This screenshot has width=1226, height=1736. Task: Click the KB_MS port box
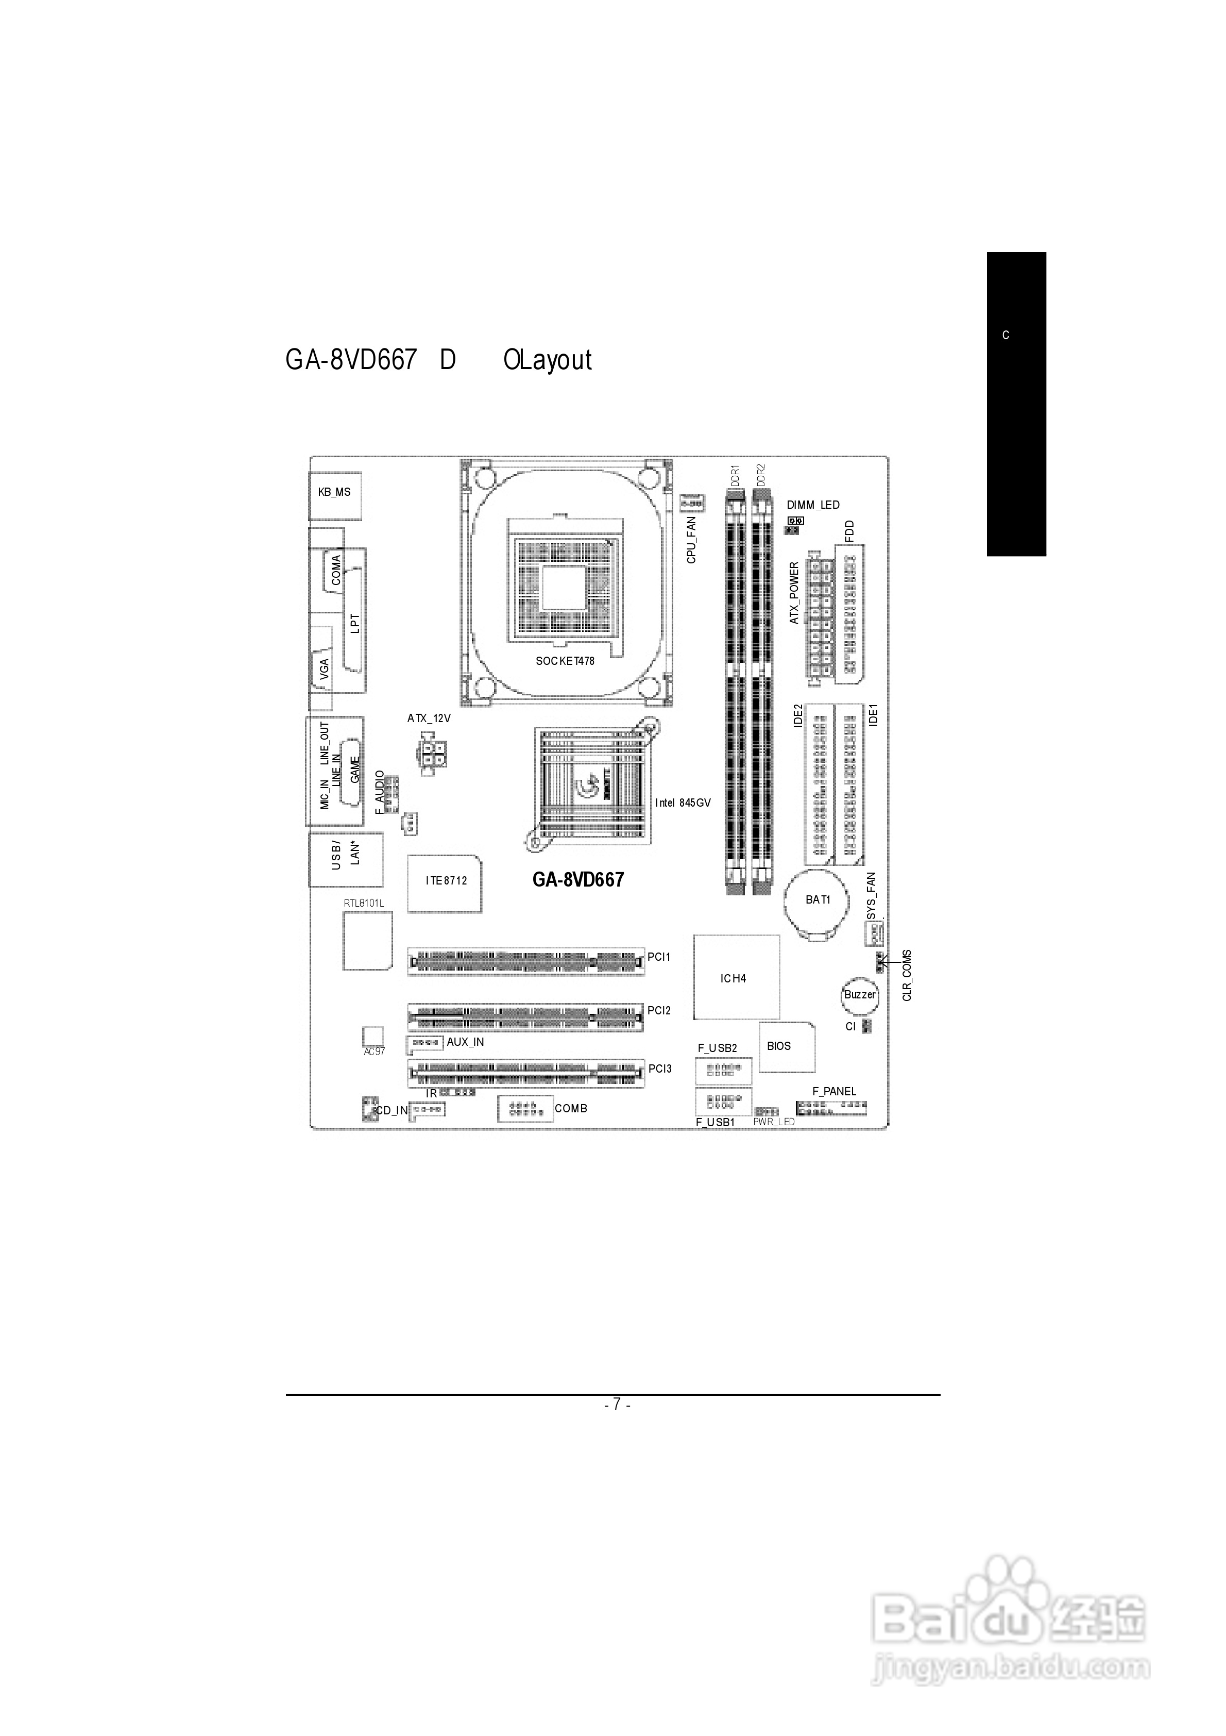coord(335,493)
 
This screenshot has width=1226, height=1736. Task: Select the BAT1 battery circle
coord(818,900)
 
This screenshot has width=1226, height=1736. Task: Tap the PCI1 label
coord(659,957)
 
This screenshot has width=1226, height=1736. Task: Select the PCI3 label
coord(660,1069)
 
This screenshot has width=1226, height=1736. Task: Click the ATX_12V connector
coord(432,754)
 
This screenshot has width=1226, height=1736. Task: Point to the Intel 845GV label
coord(683,803)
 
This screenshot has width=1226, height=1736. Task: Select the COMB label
coord(571,1108)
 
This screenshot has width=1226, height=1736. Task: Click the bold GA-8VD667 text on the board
coord(578,879)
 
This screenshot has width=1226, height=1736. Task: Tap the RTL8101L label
coord(364,904)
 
